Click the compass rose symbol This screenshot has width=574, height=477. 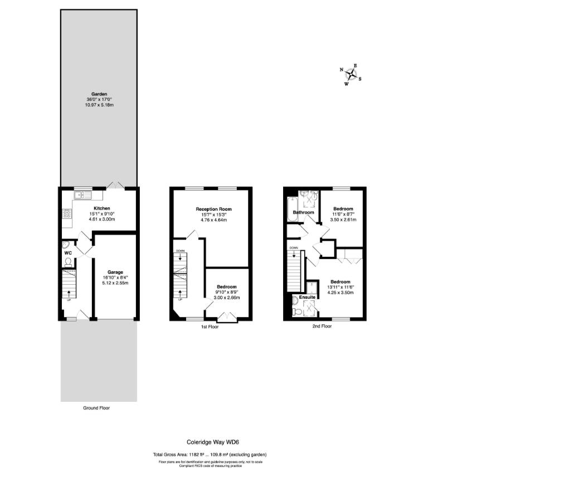tap(351, 75)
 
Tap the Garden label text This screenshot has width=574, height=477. tap(99, 94)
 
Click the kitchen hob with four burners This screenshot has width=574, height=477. tap(67, 213)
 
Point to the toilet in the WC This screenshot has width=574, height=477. tap(68, 261)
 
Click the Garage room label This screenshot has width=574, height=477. tap(115, 272)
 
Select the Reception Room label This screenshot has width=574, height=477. tap(213, 210)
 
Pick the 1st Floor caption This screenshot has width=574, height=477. tap(210, 327)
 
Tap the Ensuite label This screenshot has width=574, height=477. tap(308, 298)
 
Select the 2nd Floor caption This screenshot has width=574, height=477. tap(322, 327)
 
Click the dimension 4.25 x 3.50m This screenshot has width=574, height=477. tap(340, 292)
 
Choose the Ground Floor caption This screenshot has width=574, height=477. tap(96, 408)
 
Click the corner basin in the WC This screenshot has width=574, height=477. tap(65, 244)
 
